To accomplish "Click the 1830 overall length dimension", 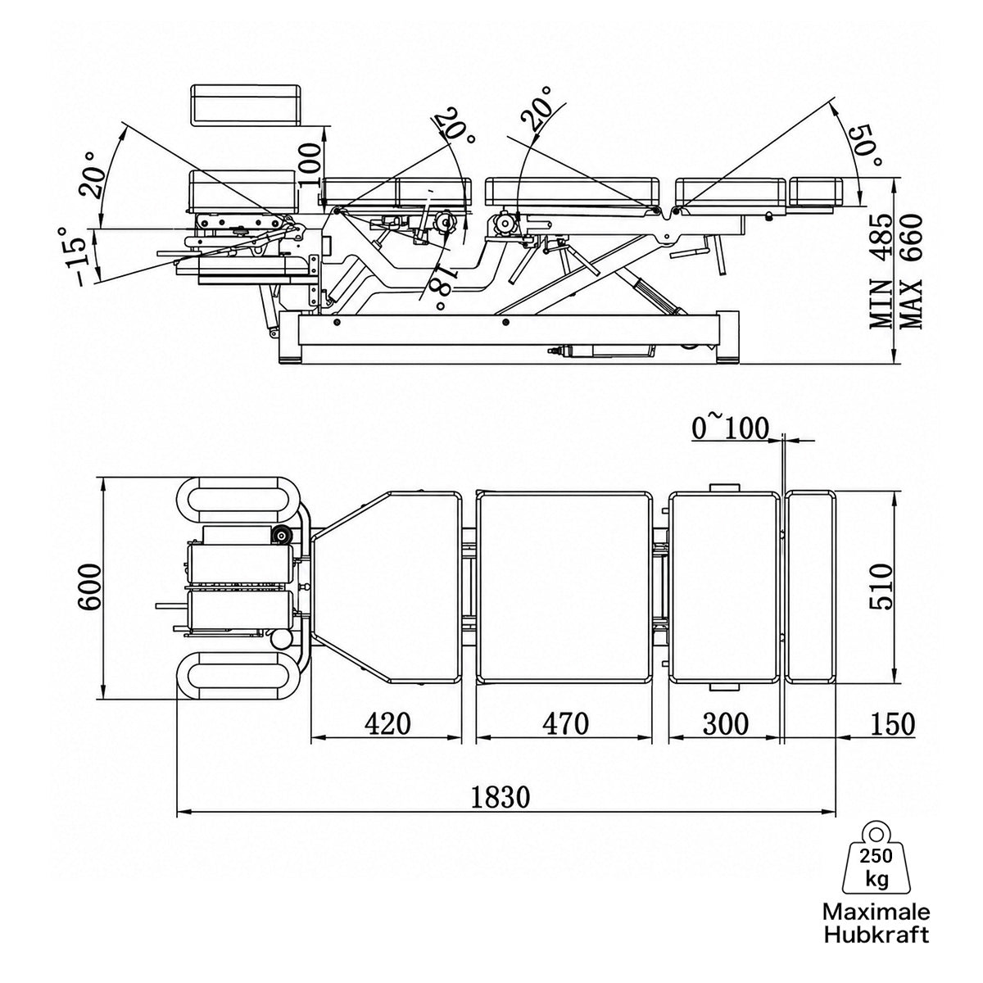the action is (500, 797).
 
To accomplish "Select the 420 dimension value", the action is (387, 724).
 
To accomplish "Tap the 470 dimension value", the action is (566, 724).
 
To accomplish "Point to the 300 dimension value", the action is (726, 724).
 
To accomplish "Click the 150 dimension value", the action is (892, 724).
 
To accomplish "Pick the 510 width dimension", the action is (881, 587).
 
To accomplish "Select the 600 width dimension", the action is (90, 587).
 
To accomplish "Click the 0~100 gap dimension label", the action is (730, 428).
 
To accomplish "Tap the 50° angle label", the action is (864, 147).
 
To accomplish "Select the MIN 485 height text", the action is (881, 272).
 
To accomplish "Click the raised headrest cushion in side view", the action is (245, 105).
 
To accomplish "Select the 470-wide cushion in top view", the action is (564, 587).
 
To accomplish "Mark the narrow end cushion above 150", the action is (811, 587).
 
